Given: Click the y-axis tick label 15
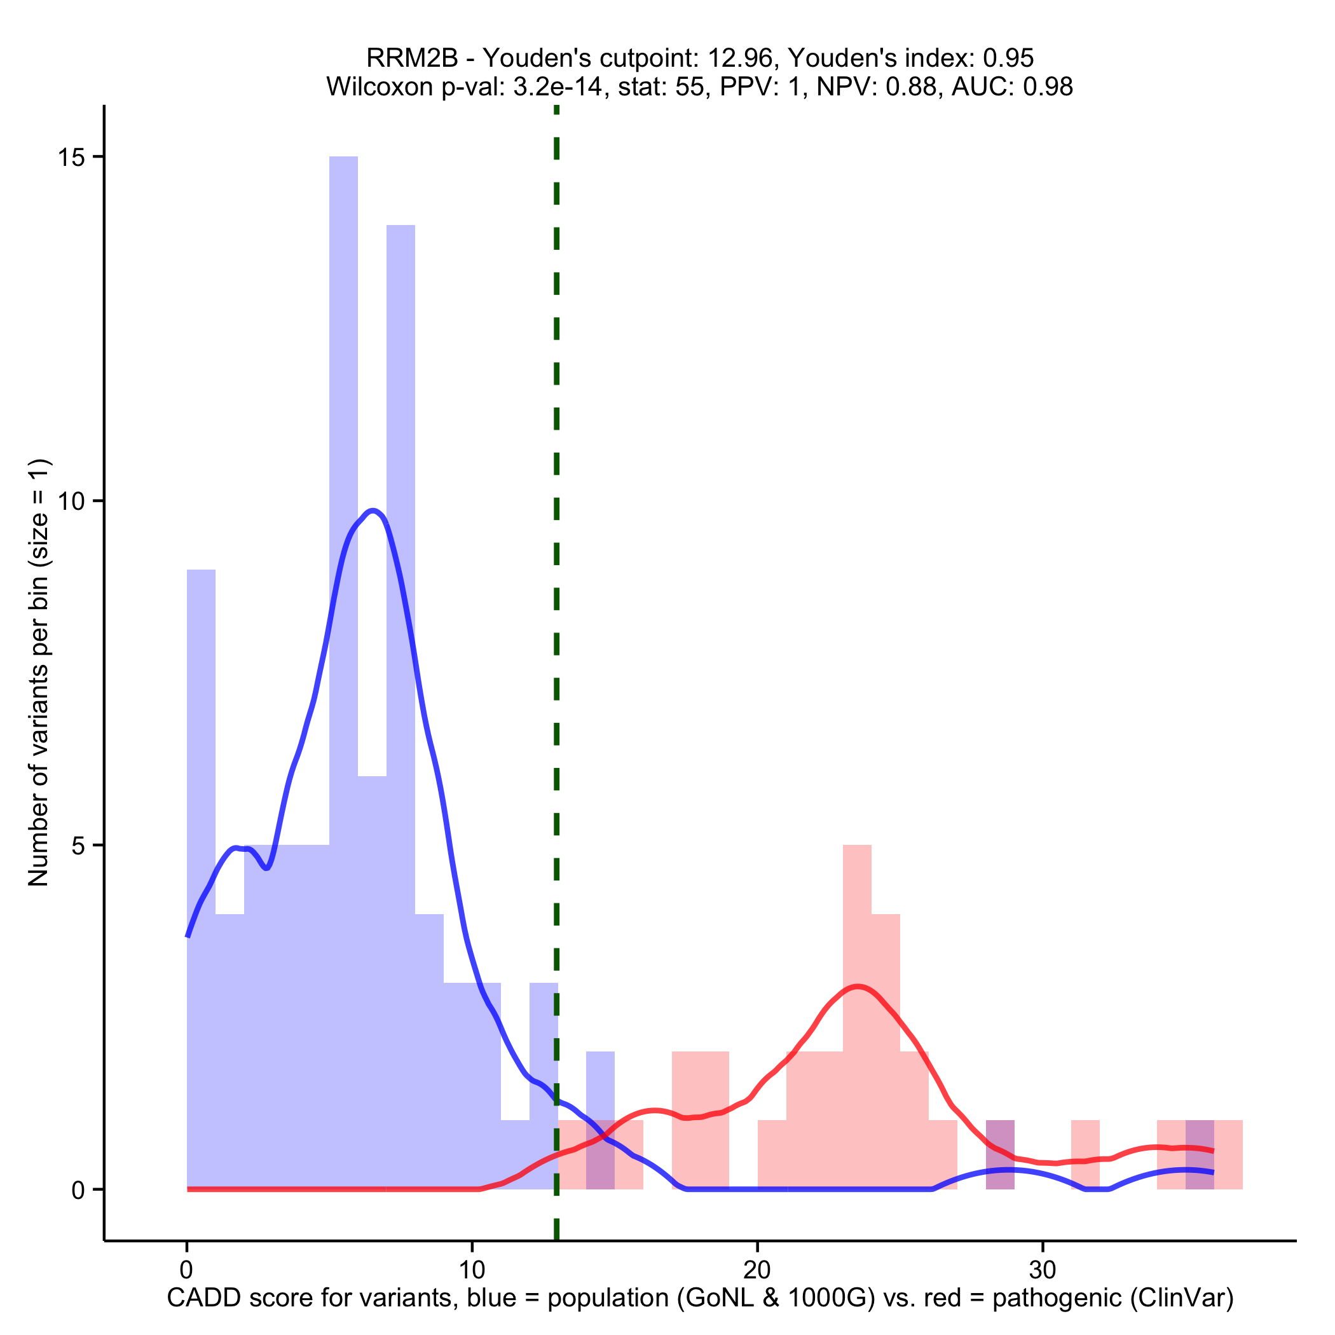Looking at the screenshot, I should pyautogui.click(x=70, y=158).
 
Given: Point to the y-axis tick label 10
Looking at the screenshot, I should pyautogui.click(x=70, y=502).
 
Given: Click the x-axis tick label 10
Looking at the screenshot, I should pyautogui.click(x=472, y=1271).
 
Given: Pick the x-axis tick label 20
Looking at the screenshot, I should pyautogui.click(x=757, y=1271).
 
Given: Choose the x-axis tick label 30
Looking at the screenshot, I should pyautogui.click(x=1043, y=1271).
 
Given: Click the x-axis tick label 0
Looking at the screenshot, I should pyautogui.click(x=186, y=1271).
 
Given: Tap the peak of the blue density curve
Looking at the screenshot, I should pyautogui.click(x=373, y=511).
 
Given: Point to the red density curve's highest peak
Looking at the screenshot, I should pyautogui.click(x=858, y=986).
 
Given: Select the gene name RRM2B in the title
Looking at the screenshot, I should pyautogui.click(x=412, y=58).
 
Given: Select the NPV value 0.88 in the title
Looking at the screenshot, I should pyautogui.click(x=911, y=86).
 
